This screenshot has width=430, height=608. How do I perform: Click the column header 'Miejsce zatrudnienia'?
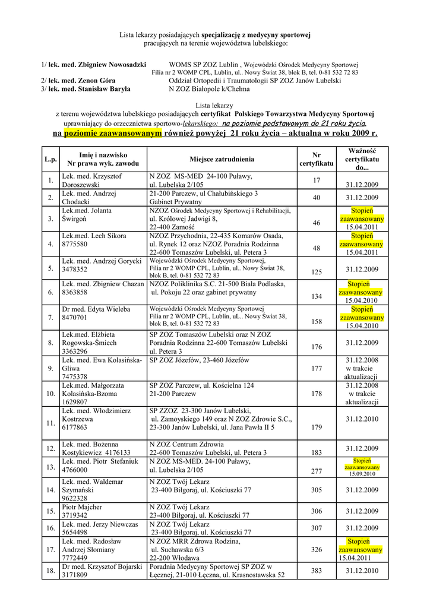tap(222, 159)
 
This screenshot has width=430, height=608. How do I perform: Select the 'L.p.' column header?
tap(50, 160)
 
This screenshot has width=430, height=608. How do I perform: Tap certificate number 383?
tap(316, 571)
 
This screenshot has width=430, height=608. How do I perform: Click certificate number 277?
tap(316, 471)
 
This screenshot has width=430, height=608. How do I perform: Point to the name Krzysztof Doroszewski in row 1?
tap(91, 180)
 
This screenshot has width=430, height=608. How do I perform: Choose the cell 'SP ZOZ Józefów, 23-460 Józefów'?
tap(200, 360)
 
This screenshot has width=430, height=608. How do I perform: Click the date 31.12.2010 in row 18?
tap(362, 571)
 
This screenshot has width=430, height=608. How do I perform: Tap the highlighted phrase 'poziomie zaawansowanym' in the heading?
tap(113, 134)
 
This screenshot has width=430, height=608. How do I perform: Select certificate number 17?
tap(316, 180)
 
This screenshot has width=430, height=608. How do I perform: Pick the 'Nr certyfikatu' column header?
tap(316, 159)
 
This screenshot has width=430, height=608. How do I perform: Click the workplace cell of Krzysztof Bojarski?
tap(217, 571)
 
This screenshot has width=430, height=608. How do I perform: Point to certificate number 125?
tap(316, 272)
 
